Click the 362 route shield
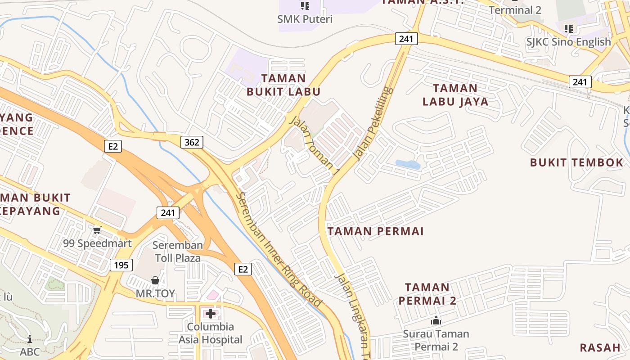click(192, 143)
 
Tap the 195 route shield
click(121, 265)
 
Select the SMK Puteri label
click(305, 19)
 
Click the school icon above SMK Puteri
click(305, 6)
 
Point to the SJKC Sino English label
click(569, 42)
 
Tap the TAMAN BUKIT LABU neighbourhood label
click(283, 85)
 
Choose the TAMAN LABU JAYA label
click(455, 95)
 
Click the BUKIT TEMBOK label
click(576, 162)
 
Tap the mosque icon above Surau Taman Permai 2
click(436, 321)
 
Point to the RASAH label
click(599, 347)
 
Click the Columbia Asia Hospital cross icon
click(211, 313)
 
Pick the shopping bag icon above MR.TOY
click(155, 280)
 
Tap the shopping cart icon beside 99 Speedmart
click(97, 230)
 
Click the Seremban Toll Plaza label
click(178, 252)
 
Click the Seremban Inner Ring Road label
click(279, 250)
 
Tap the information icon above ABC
click(30, 339)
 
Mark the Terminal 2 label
click(515, 10)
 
